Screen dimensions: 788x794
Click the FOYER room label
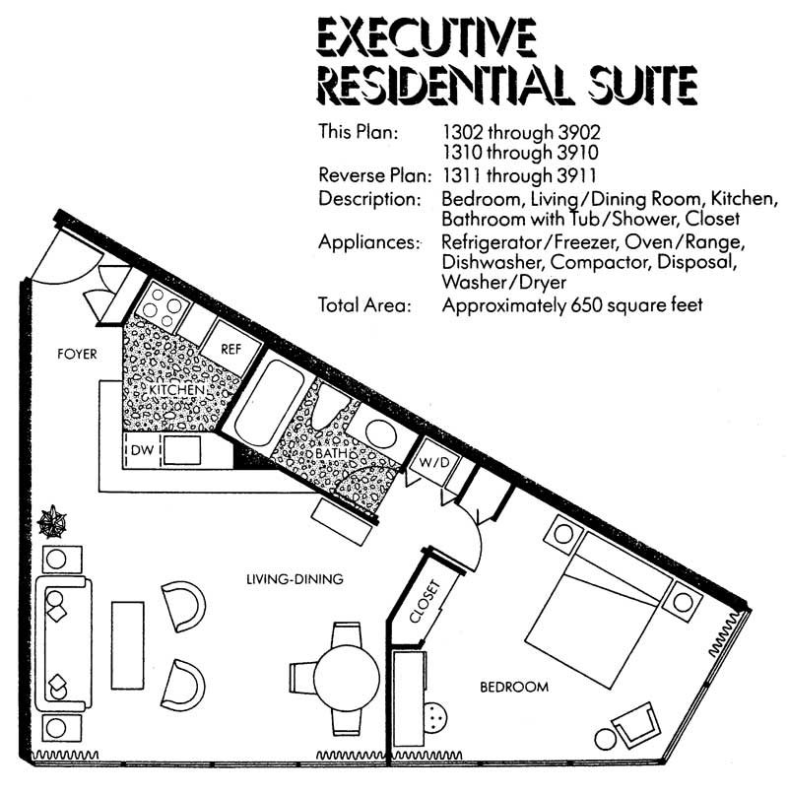77,354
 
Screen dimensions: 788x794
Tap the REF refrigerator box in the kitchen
231,349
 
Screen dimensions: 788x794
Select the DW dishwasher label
142,449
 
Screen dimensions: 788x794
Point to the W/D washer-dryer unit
434,462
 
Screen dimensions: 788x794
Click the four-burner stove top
163,307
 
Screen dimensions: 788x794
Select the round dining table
347,679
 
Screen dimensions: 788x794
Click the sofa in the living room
64,643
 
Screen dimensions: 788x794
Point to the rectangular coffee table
128,645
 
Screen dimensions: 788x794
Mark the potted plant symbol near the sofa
52,522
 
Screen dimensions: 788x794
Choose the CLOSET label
425,601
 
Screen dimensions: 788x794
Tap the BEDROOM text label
514,688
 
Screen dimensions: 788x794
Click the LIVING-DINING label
295,579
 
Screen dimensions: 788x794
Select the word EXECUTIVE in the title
427,36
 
